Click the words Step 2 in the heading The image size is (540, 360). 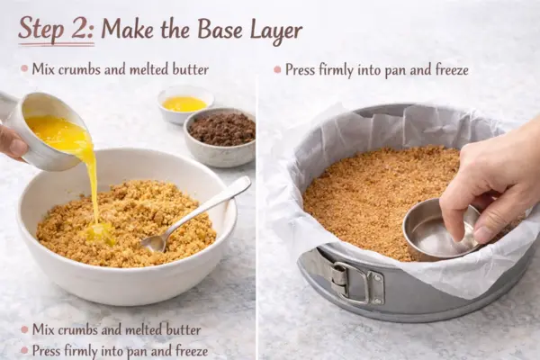click(56, 29)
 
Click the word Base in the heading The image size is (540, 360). click(221, 29)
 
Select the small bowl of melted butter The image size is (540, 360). click(185, 104)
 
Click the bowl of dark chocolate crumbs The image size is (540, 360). click(220, 137)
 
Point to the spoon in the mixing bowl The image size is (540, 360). click(195, 215)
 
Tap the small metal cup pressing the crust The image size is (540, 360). click(442, 229)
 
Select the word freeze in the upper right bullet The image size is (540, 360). click(452, 70)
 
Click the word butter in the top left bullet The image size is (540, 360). click(191, 69)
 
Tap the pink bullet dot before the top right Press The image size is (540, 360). click(277, 70)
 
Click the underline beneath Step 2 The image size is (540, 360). click(56, 44)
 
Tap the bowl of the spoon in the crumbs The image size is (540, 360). click(154, 243)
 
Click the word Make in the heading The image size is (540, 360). click(128, 30)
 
